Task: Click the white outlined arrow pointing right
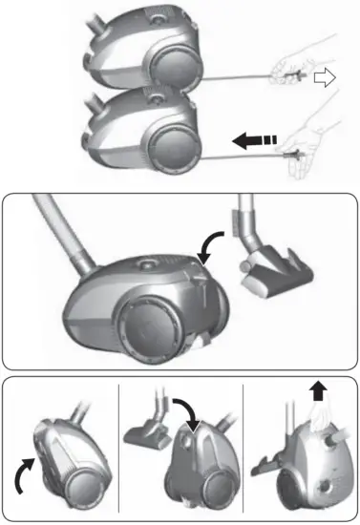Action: [x=326, y=81]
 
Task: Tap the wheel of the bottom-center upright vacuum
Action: [x=195, y=487]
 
